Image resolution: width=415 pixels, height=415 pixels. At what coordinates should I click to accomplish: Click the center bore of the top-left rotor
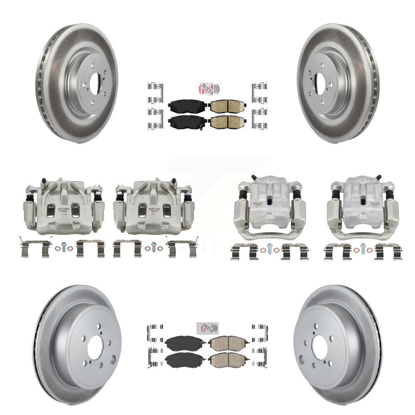[95, 80]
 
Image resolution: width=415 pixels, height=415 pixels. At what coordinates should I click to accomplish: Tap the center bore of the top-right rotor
[320, 80]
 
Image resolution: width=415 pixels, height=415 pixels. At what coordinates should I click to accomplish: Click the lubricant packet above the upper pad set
[207, 89]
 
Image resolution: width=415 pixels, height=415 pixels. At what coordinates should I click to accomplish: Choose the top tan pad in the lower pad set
[228, 344]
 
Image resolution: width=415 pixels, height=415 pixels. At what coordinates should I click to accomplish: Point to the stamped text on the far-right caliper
[364, 198]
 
